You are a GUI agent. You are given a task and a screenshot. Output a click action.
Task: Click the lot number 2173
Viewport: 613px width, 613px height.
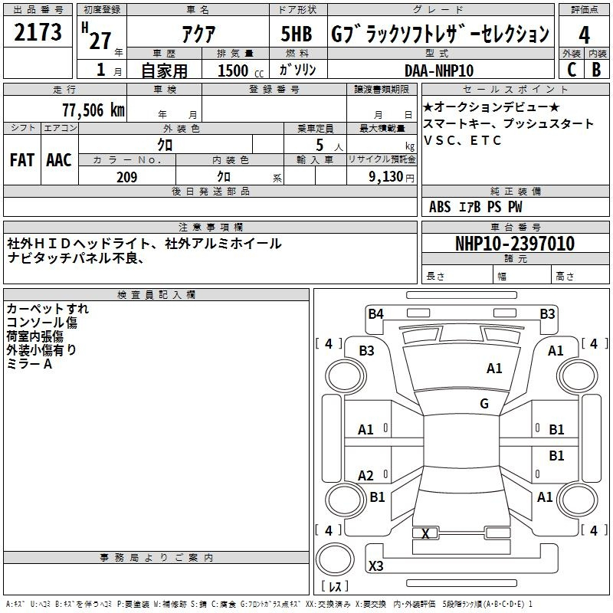38,32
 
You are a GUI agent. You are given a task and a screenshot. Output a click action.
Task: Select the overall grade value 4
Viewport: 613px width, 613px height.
584,35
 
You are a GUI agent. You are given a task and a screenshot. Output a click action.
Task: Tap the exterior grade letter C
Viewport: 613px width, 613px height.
572,70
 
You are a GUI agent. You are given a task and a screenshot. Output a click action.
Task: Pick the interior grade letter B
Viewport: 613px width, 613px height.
596,70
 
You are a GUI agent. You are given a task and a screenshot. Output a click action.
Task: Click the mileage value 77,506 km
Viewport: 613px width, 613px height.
93,110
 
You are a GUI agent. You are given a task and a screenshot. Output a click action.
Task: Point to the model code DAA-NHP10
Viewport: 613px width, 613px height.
439,70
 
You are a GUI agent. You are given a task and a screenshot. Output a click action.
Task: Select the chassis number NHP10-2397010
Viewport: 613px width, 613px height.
515,244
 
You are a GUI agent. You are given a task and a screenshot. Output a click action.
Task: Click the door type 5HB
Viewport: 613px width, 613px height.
297,34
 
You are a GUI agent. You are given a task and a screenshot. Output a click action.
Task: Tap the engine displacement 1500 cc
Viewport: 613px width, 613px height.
241,70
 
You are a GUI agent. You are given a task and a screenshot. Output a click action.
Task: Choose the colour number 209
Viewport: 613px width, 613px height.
126,177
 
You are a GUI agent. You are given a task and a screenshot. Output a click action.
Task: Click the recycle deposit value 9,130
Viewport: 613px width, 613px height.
386,177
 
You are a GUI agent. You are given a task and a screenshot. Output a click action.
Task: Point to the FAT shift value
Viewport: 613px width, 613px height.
22,160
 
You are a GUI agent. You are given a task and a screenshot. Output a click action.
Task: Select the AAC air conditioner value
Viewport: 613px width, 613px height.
59,160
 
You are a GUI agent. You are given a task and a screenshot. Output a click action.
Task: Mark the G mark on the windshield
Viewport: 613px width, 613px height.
484,404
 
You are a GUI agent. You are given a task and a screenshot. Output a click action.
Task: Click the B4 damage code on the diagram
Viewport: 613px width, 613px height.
375,314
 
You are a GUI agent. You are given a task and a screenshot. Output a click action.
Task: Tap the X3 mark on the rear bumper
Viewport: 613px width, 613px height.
375,565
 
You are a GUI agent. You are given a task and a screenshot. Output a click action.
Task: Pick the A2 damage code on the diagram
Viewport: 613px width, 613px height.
366,475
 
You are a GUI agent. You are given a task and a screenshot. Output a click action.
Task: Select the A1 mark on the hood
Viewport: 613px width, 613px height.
494,369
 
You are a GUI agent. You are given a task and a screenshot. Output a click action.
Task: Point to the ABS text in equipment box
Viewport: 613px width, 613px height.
440,207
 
